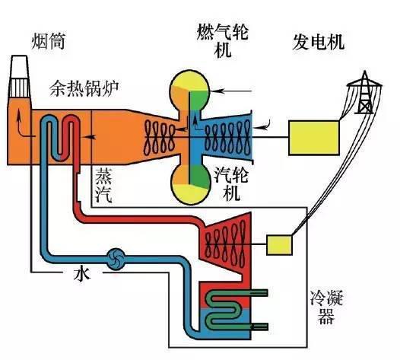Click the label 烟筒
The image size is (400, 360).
tap(48, 41)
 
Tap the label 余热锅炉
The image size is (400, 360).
tap(84, 88)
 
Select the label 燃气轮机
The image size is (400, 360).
tap(223, 41)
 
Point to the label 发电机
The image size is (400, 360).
tap(319, 42)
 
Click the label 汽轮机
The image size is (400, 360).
tap(231, 184)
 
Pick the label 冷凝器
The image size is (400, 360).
tap(326, 307)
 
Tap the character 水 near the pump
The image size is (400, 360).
tap(82, 275)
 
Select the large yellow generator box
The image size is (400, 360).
tap(314, 138)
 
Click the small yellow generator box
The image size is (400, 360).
tap(279, 245)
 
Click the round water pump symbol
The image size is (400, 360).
tap(116, 259)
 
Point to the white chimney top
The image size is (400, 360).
tap(19, 76)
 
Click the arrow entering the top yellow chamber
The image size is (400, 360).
tap(232, 91)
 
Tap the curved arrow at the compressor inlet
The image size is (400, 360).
tap(263, 124)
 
